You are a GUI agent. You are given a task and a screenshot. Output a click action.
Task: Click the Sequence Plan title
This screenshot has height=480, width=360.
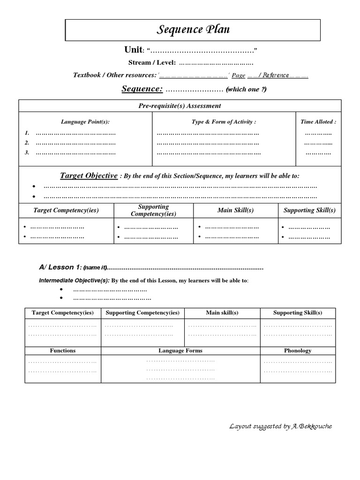(193, 30)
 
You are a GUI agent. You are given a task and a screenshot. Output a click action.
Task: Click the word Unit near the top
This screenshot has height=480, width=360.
(133, 50)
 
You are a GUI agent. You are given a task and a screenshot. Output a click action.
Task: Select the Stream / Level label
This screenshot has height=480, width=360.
(152, 63)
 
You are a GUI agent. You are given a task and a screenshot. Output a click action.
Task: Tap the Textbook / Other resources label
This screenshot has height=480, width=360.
(115, 75)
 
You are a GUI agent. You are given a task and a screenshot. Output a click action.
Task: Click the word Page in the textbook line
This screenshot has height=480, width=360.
(239, 75)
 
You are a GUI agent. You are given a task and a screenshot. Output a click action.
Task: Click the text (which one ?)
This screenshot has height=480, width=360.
(246, 90)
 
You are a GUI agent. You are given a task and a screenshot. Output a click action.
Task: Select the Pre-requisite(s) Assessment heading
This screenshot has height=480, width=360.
(180, 106)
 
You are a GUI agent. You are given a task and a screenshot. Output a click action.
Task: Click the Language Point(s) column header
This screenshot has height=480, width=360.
(85, 122)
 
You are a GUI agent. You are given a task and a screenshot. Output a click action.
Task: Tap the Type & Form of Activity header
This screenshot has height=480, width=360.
(224, 122)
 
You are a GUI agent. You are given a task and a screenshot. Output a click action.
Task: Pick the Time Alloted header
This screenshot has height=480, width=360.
(318, 122)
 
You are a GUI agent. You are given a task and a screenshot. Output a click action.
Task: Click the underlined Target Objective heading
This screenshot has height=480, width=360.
(89, 176)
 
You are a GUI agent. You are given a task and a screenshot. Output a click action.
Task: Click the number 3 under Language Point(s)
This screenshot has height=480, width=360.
(27, 152)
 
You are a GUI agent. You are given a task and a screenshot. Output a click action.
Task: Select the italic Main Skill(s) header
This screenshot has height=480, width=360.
(235, 210)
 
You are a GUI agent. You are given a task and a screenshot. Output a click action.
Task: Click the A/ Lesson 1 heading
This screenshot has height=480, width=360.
(60, 267)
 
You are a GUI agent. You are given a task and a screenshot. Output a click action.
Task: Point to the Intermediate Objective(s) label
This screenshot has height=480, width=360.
(74, 281)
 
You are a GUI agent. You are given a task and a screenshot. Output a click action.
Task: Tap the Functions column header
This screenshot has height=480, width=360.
(63, 350)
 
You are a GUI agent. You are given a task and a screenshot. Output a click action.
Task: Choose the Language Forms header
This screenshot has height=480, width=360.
(180, 350)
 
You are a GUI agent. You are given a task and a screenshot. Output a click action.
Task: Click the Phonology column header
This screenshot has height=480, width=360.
(298, 350)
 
